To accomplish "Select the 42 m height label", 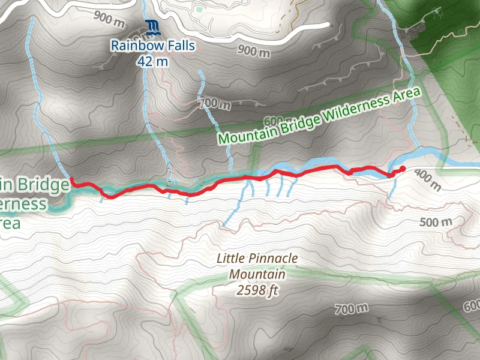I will pyautogui.click(x=152, y=61).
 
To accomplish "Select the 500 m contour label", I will pyautogui.click(x=436, y=223).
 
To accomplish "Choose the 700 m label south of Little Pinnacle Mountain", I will pyautogui.click(x=352, y=309).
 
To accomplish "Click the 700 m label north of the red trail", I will pyautogui.click(x=215, y=103).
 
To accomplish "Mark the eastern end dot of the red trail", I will pyautogui.click(x=403, y=169).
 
